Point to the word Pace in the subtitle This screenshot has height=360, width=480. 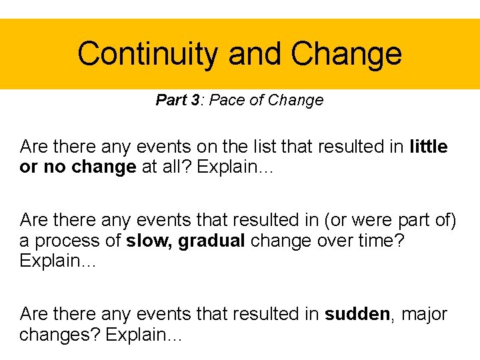click(x=229, y=101)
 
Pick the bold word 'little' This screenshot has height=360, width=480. click(x=429, y=146)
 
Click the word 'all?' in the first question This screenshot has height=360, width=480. click(x=176, y=167)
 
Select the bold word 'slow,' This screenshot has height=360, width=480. click(x=149, y=241)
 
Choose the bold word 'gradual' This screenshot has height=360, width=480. click(x=211, y=241)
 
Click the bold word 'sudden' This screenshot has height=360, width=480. click(x=357, y=313)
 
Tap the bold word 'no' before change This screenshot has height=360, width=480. click(x=53, y=167)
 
